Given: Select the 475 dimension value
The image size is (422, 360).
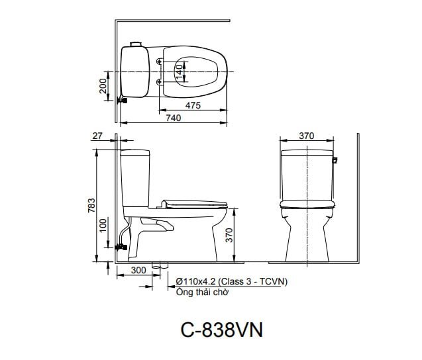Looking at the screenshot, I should [193, 105].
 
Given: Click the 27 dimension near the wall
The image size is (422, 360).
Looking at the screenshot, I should [97, 136].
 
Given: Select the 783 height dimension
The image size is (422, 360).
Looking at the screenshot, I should [91, 205].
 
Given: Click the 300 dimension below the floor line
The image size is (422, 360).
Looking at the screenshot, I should [138, 271].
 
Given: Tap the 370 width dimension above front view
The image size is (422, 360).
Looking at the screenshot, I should [305, 136].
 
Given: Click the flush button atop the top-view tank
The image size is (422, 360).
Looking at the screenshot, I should [137, 44].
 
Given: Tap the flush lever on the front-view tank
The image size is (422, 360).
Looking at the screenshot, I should [336, 160].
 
